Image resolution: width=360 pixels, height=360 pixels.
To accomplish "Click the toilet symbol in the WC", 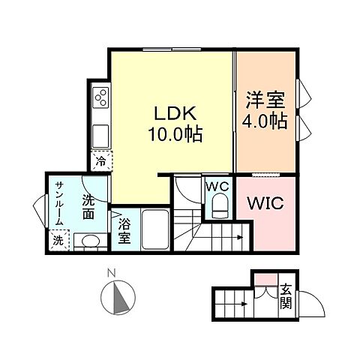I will click(x=220, y=205).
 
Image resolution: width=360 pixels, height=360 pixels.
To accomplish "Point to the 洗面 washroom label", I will click(x=88, y=207).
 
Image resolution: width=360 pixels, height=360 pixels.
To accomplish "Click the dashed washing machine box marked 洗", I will click(x=58, y=241).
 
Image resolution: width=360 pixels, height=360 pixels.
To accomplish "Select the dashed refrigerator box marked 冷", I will click(x=100, y=160).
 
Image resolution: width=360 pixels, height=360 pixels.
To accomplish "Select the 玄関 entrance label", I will click(x=286, y=298).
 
